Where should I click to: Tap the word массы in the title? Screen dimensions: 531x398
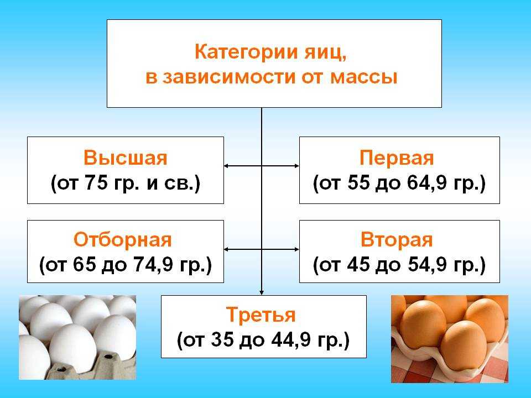click(x=364, y=77)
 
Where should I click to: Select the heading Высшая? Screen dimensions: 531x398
click(x=126, y=158)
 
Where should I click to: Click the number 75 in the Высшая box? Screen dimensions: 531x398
click(x=96, y=182)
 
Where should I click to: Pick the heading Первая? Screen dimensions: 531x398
click(x=397, y=158)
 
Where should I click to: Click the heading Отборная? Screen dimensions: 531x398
click(x=123, y=240)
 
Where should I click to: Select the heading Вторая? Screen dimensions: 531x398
click(x=397, y=240)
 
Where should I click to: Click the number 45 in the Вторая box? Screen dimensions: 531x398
click(x=358, y=264)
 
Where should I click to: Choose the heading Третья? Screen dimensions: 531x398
click(x=261, y=315)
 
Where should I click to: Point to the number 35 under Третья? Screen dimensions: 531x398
click(x=222, y=339)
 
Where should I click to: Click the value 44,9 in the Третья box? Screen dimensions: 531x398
click(x=295, y=340)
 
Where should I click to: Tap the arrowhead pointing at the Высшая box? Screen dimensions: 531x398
click(x=226, y=166)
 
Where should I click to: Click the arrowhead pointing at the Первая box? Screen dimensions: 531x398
click(x=296, y=166)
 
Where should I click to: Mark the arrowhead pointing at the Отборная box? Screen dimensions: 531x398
click(x=226, y=249)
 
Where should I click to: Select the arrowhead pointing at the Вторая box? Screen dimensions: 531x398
click(x=296, y=249)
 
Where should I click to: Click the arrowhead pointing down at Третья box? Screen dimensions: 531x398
click(x=262, y=292)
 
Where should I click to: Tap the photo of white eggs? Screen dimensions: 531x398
click(x=77, y=337)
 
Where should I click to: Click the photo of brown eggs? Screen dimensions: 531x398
click(x=450, y=339)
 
